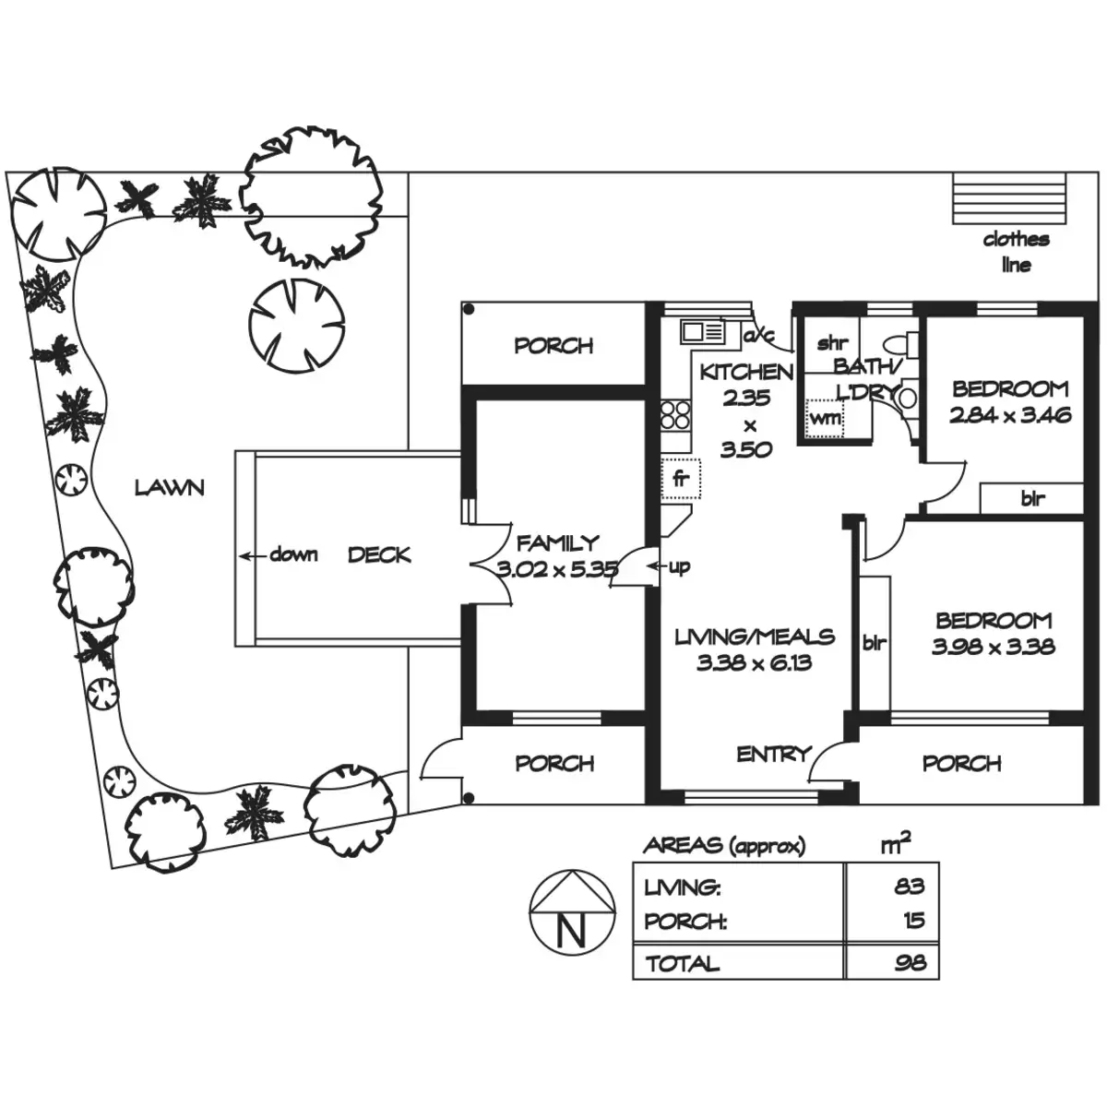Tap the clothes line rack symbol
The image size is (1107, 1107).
point(1011,198)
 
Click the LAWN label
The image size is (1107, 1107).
point(169,487)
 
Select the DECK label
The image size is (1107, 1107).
point(379,555)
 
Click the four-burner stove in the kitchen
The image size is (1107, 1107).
point(675,414)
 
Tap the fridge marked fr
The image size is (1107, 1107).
point(682,479)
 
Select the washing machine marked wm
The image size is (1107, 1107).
point(825,417)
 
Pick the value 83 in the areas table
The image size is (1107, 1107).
point(909,887)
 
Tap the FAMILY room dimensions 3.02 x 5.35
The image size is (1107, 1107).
point(557,569)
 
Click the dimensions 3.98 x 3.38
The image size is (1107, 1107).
point(993,647)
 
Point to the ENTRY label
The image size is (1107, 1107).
point(773,755)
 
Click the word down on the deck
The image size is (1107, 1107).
point(293,555)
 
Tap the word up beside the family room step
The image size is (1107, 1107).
point(679,566)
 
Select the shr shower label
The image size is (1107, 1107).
point(832,344)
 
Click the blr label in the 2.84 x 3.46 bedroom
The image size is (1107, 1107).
point(1032,499)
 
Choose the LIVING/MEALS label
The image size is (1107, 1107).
point(755,637)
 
